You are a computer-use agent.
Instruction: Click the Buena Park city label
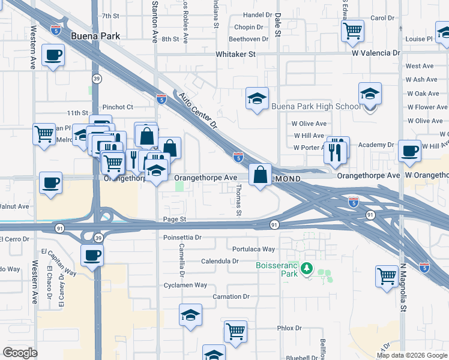(95, 36)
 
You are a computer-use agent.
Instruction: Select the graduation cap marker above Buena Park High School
(370, 94)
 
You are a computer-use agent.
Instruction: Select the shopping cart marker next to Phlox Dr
(236, 331)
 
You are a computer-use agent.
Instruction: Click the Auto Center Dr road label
(199, 110)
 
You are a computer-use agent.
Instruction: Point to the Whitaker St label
(236, 54)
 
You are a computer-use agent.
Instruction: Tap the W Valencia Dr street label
(373, 53)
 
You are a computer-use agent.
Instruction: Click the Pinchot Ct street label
(118, 107)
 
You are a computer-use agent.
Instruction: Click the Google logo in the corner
(20, 353)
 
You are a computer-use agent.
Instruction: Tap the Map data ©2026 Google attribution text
(412, 355)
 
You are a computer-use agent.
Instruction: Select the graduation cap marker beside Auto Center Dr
(257, 99)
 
